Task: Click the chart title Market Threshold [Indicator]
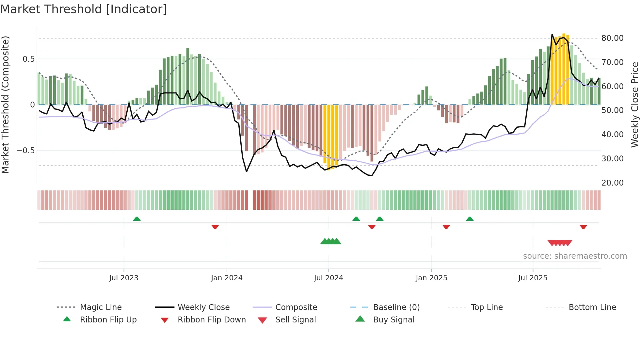click(x=84, y=9)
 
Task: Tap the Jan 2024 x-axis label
click(x=227, y=278)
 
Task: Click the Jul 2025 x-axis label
click(x=533, y=278)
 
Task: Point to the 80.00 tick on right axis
click(x=612, y=38)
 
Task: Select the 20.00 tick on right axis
click(x=612, y=183)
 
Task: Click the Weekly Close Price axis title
click(x=634, y=105)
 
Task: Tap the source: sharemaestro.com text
click(x=575, y=256)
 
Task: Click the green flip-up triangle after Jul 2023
click(x=137, y=219)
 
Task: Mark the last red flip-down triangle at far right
click(x=583, y=227)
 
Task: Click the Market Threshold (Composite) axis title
click(x=5, y=105)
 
